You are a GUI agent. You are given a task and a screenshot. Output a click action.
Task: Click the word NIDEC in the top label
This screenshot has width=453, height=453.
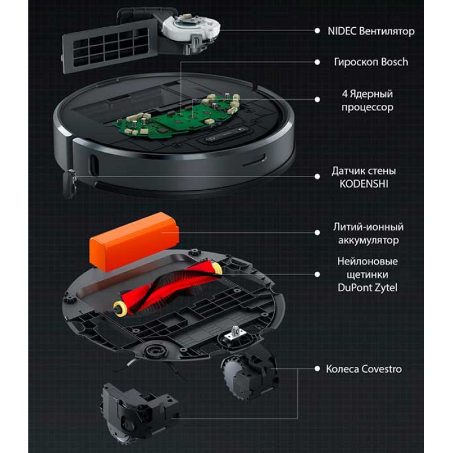(x=342, y=31)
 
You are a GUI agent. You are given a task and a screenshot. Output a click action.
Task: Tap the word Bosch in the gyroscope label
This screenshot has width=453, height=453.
(x=395, y=62)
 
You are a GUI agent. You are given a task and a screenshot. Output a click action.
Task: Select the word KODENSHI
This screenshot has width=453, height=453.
(x=364, y=183)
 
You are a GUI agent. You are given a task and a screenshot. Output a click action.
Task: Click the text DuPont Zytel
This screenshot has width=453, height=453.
(x=367, y=288)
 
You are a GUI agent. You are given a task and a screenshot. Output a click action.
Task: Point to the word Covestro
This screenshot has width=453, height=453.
(x=382, y=369)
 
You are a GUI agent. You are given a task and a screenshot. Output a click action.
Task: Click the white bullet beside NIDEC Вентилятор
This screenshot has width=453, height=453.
(x=317, y=31)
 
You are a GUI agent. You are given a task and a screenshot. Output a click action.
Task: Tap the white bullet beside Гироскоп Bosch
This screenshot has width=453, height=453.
(x=317, y=62)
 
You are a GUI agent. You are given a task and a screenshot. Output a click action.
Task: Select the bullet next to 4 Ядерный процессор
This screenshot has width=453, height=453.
(x=317, y=100)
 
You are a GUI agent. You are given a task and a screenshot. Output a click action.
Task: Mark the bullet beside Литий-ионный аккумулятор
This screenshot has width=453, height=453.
(x=317, y=232)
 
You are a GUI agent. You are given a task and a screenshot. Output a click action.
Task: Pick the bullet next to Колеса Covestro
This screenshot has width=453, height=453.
(x=317, y=369)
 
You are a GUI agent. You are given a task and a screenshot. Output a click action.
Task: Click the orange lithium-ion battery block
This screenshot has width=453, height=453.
(x=134, y=242)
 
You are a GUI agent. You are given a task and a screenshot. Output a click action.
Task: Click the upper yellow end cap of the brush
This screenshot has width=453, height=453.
(x=217, y=267)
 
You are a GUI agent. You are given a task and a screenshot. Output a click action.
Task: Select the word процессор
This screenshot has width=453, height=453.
(x=367, y=107)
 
